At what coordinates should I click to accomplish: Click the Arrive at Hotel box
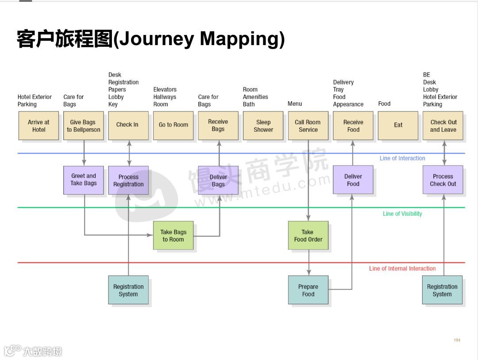pyautogui.click(x=39, y=126)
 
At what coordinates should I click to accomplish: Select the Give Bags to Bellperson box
pyautogui.click(x=83, y=126)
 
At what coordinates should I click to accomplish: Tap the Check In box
pyautogui.click(x=128, y=126)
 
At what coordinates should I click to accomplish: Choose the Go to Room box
pyautogui.click(x=173, y=126)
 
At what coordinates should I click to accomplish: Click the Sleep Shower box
pyautogui.click(x=263, y=126)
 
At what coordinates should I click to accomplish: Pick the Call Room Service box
pyautogui.click(x=308, y=126)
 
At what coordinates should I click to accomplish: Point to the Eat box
pyautogui.click(x=398, y=126)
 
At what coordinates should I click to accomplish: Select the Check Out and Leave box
pyautogui.click(x=443, y=126)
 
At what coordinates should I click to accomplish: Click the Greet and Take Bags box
pyautogui.click(x=84, y=180)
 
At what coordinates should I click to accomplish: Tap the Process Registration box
pyautogui.click(x=128, y=180)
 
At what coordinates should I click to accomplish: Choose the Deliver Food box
pyautogui.click(x=353, y=180)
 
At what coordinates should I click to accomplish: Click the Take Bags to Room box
pyautogui.click(x=173, y=236)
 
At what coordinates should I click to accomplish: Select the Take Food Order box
pyautogui.click(x=308, y=236)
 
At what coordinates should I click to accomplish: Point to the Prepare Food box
pyautogui.click(x=308, y=290)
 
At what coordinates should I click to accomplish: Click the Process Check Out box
pyautogui.click(x=443, y=180)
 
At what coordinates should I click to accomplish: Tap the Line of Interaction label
pyautogui.click(x=402, y=158)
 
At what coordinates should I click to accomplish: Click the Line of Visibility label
pyautogui.click(x=402, y=214)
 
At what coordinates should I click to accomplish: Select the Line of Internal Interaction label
pyautogui.click(x=402, y=268)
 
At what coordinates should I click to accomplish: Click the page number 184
pyautogui.click(x=457, y=340)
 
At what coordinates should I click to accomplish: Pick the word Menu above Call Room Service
pyautogui.click(x=295, y=104)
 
